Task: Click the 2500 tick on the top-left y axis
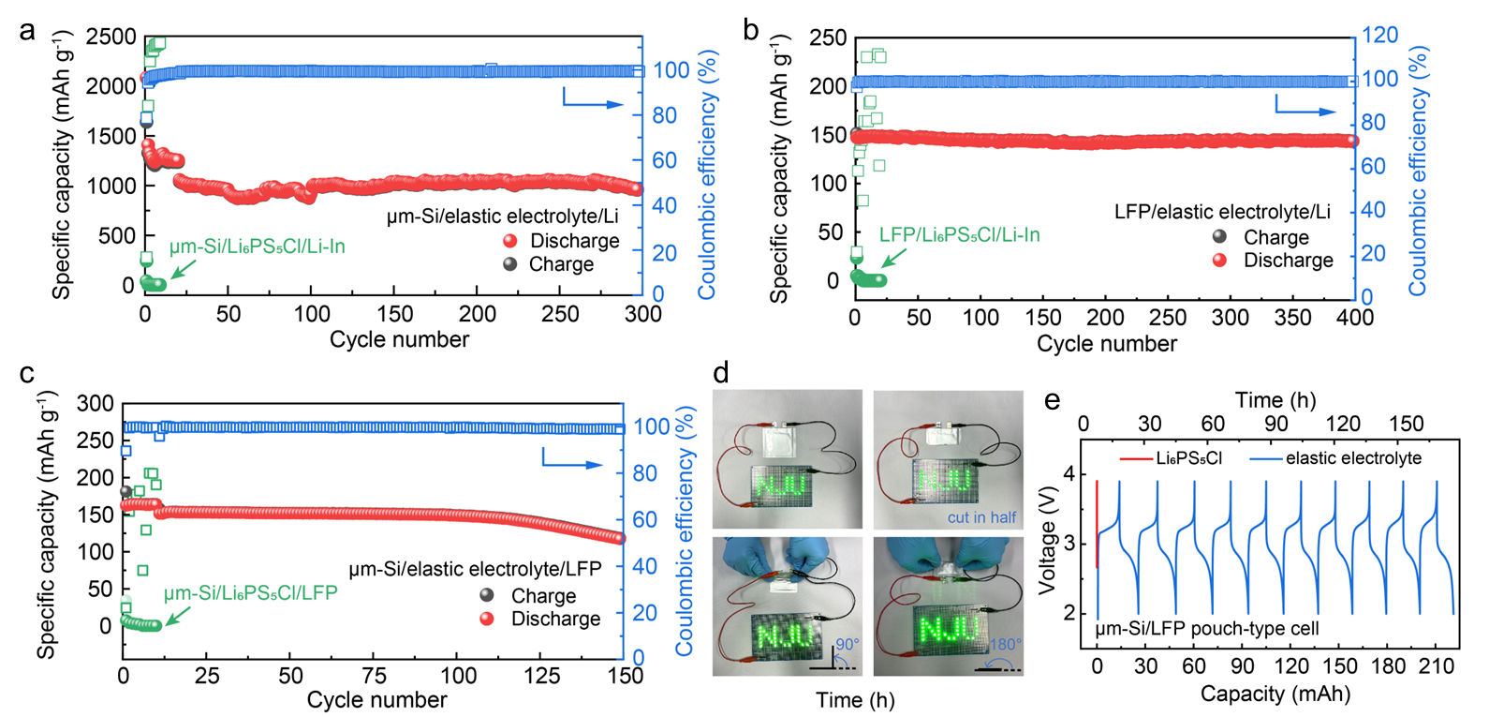pos(111,37)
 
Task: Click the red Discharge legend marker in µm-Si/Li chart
pos(510,241)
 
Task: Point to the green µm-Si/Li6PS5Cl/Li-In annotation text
pos(258,246)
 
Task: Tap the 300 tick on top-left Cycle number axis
pos(642,314)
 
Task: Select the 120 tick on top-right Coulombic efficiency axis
pos(1379,36)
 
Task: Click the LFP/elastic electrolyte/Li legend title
pos(1221,212)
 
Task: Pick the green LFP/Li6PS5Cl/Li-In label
pos(959,234)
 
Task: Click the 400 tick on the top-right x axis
pos(1354,318)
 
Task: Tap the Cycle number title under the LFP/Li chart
pos(1106,344)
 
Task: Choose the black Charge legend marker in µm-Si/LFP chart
pos(487,595)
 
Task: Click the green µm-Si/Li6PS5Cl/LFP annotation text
pos(250,593)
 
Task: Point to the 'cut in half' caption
pos(981,517)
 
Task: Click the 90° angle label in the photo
pos(847,645)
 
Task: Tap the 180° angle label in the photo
pos(1005,645)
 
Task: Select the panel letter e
pos(1052,400)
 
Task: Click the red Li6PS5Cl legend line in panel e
pos(1135,458)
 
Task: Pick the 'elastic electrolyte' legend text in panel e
pos(1353,458)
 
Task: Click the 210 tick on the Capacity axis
pos(1437,666)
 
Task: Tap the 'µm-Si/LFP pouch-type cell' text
pos(1206,628)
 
